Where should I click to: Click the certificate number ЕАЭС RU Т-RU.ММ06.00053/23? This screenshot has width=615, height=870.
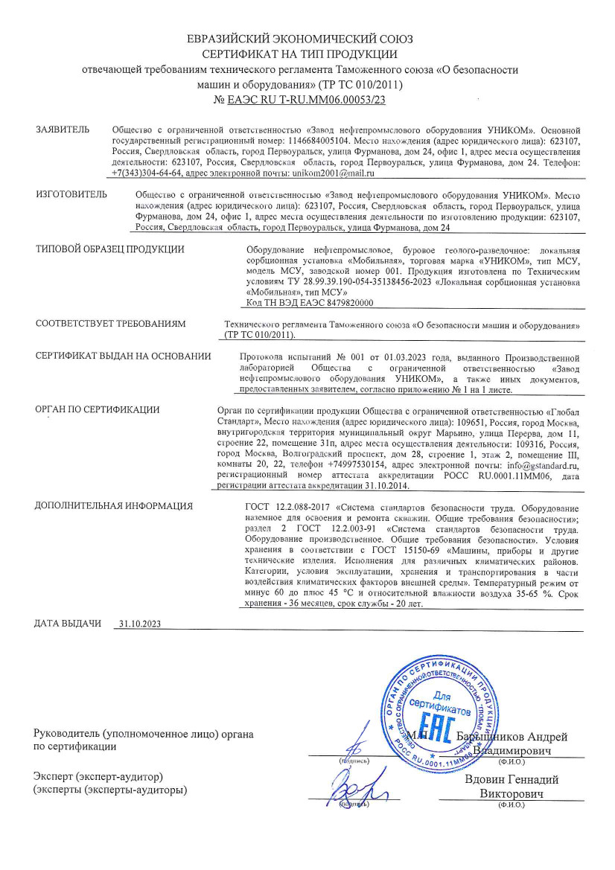pyautogui.click(x=305, y=99)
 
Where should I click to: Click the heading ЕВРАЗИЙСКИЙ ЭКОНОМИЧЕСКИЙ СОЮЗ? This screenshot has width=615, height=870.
pyautogui.click(x=299, y=39)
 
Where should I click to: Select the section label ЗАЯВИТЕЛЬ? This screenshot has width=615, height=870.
pyautogui.click(x=63, y=129)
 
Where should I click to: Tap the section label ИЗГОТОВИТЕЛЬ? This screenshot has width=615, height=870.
pyautogui.click(x=71, y=194)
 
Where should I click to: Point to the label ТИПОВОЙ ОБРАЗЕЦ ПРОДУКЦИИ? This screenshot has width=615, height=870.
pyautogui.click(x=109, y=249)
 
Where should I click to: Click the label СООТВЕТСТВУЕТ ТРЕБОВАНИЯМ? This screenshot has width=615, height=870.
pyautogui.click(x=110, y=324)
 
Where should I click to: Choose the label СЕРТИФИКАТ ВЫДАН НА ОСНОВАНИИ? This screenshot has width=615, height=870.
pyautogui.click(x=123, y=356)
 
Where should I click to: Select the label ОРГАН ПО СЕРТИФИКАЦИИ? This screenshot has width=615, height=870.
pyautogui.click(x=98, y=410)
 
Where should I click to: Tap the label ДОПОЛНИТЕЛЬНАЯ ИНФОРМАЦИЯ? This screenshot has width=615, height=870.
pyautogui.click(x=114, y=506)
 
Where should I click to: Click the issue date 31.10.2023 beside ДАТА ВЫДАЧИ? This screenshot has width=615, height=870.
pyautogui.click(x=140, y=624)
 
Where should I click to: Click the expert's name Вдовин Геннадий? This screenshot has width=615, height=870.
pyautogui.click(x=511, y=779)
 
